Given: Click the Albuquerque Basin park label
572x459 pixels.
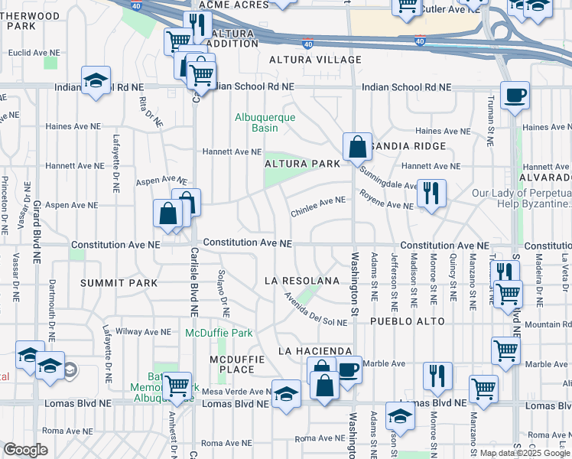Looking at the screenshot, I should pos(255,122).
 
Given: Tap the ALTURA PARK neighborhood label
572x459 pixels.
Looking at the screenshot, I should pos(301,164).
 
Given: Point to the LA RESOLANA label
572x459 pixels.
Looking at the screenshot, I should pos(301,281).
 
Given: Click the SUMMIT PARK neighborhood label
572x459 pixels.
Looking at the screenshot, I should pos(122,283).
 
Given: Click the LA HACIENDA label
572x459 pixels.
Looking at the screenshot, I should pos(304,350).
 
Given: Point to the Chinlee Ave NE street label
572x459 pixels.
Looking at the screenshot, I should pos(317,200).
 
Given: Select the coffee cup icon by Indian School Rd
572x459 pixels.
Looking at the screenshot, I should pos(515,96).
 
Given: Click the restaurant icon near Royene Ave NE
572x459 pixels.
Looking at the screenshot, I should pos(432,194).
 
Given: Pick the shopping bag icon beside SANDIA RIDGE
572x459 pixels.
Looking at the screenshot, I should pos(357,145).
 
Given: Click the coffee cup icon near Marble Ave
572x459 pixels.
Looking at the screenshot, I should pos(348,371).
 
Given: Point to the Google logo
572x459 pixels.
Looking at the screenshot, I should pos(26,450).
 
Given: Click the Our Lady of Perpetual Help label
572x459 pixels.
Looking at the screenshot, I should pos(522,199).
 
